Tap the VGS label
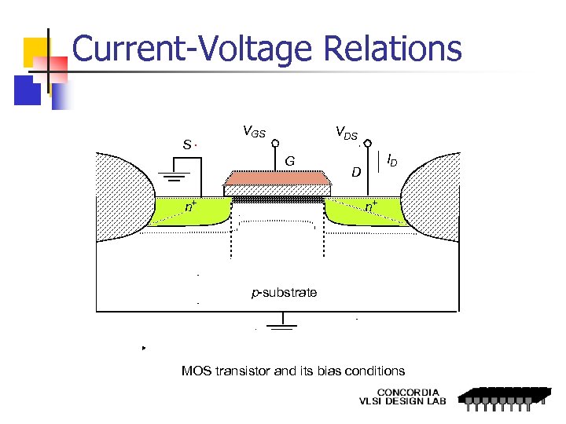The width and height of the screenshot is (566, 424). (x=253, y=132)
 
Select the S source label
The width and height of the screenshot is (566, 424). (x=186, y=144)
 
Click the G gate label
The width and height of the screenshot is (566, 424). (x=289, y=161)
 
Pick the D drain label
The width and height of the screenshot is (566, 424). (x=356, y=171)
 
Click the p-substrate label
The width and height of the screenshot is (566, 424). (x=284, y=293)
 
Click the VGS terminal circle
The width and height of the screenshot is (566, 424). (x=275, y=143)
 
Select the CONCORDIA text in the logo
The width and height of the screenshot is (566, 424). (x=408, y=392)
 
